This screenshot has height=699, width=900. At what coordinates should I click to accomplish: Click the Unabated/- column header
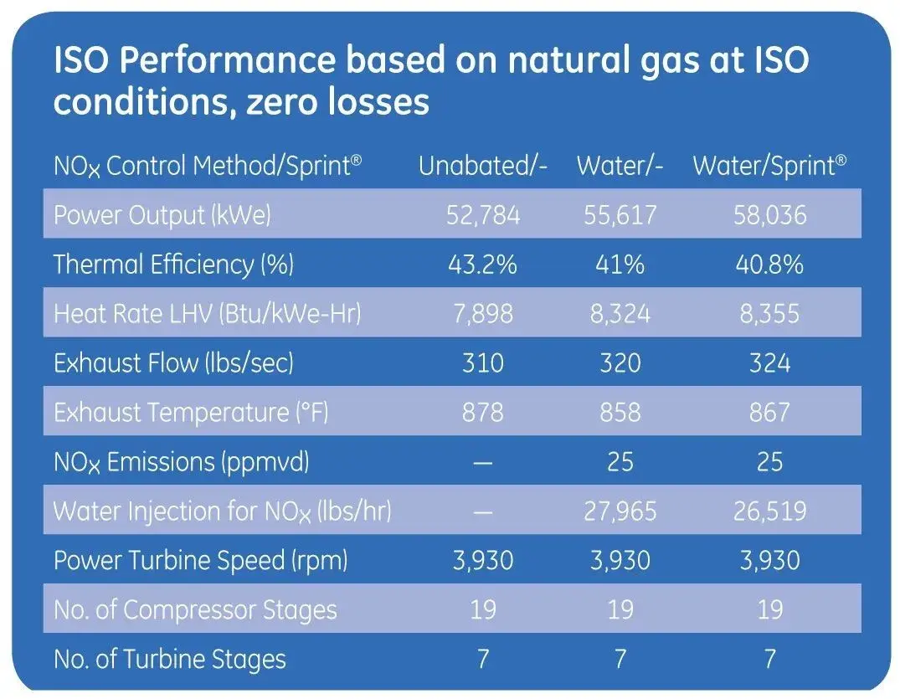tap(483, 166)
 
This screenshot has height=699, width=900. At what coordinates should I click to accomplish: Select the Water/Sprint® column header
tap(769, 166)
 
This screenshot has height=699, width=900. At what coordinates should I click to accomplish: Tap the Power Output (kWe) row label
tap(162, 215)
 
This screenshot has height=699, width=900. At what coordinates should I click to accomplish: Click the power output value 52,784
tap(483, 215)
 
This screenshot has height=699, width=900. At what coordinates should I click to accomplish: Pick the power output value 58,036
tap(769, 215)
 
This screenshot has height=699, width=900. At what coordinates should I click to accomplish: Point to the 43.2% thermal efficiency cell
tap(483, 265)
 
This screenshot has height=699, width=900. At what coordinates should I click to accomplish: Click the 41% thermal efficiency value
tap(620, 265)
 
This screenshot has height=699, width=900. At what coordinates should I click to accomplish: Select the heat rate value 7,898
tap(483, 314)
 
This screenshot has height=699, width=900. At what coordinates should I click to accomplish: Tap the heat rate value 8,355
tap(769, 314)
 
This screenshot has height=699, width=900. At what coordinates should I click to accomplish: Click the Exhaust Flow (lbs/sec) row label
tap(173, 363)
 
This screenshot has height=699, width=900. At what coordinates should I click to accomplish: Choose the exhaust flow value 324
tap(769, 363)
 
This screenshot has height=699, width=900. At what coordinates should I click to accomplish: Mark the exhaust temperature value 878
tap(483, 413)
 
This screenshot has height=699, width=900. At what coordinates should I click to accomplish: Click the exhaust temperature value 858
tap(620, 413)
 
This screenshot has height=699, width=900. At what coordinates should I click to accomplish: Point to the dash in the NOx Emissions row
tap(483, 462)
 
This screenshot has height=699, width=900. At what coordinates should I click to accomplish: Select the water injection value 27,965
tap(620, 511)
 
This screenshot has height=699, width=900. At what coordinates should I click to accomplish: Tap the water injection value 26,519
tap(769, 511)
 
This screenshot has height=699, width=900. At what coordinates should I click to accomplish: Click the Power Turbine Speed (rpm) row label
tap(201, 560)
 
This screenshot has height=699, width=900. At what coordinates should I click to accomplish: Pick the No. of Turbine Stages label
tap(170, 659)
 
